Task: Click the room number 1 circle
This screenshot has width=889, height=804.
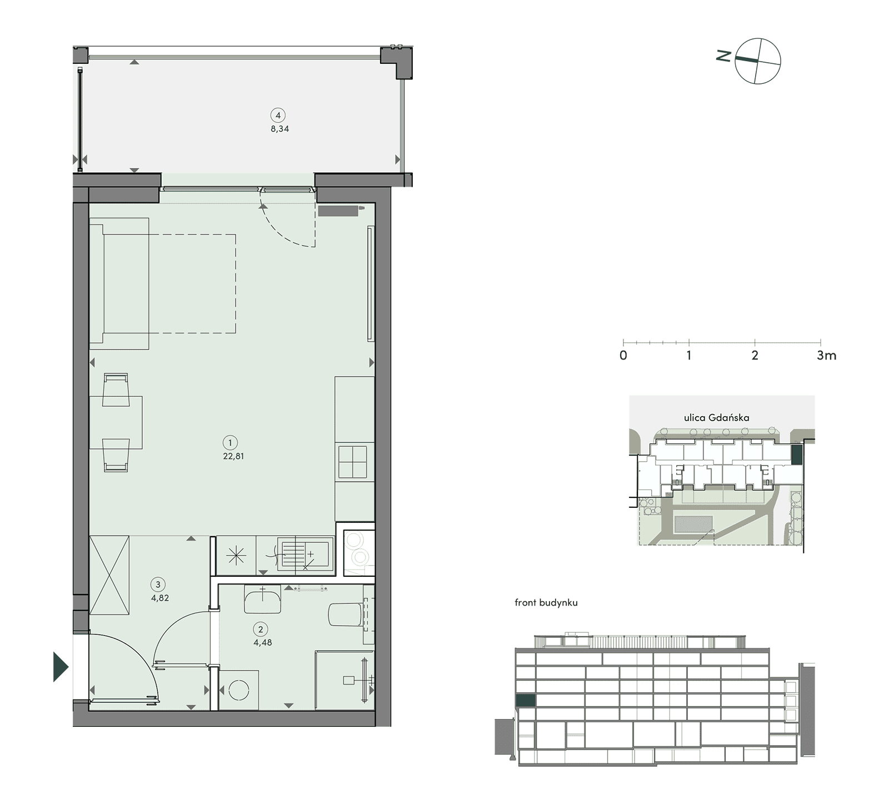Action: tap(229, 443)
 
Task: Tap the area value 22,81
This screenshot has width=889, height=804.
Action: tap(232, 456)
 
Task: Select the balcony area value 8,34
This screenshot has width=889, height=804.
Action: tap(279, 129)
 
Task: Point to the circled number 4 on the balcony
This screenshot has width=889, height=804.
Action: tap(277, 116)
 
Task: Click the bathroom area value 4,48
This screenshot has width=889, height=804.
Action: tap(263, 643)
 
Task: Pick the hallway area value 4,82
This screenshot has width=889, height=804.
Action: tap(160, 598)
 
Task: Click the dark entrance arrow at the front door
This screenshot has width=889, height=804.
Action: tap(61, 666)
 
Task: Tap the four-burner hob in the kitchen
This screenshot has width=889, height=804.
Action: tap(353, 462)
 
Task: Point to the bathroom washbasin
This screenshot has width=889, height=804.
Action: tap(262, 600)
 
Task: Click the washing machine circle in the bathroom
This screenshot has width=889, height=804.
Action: tap(239, 691)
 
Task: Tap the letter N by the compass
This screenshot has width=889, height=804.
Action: tap(723, 56)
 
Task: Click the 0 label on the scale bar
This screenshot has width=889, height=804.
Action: tap(623, 356)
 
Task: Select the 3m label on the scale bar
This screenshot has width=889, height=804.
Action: tap(826, 356)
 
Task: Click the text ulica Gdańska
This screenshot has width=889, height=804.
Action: tap(716, 417)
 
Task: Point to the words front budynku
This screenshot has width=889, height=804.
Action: tap(546, 603)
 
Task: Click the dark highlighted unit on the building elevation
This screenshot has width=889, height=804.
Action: tap(526, 701)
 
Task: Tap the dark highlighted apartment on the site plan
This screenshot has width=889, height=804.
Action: tap(797, 455)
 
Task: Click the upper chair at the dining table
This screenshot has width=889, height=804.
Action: tap(117, 385)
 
